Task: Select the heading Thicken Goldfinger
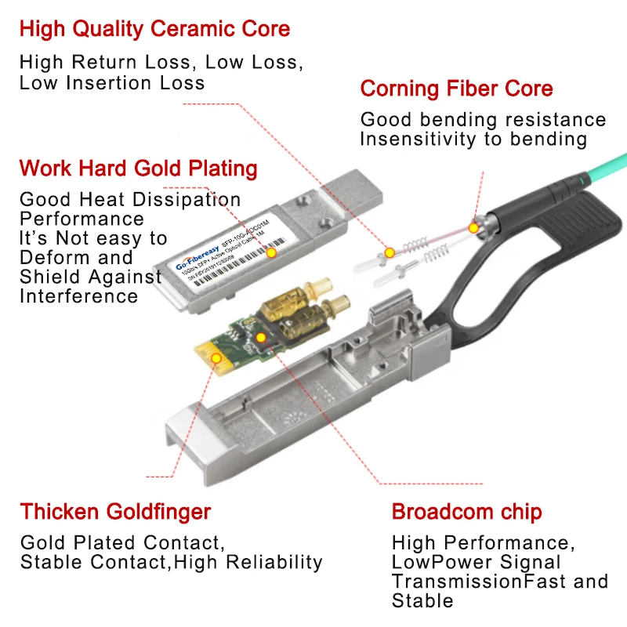(x=115, y=512)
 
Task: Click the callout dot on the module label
(x=271, y=252)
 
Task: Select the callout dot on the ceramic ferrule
(x=390, y=252)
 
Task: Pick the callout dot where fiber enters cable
(x=473, y=227)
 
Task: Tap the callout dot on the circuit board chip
(x=260, y=338)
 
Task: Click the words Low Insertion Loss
(x=112, y=82)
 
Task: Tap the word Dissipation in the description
(x=184, y=200)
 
